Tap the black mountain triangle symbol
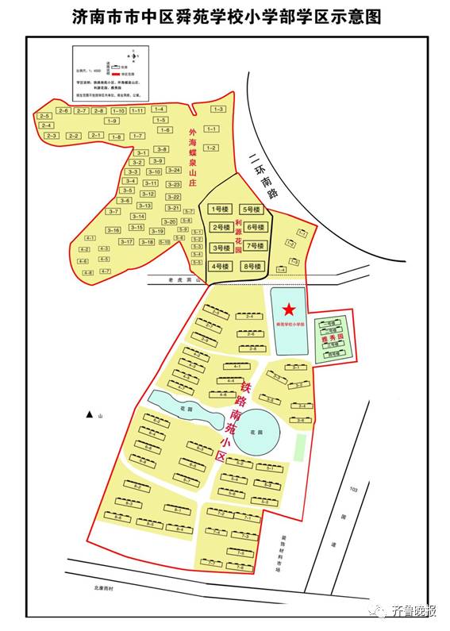(x=90, y=415)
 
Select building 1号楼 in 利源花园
(x=219, y=210)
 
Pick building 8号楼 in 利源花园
(x=252, y=266)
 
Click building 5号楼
(x=252, y=210)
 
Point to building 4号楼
(x=219, y=266)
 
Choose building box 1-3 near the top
(x=218, y=109)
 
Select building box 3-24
(x=174, y=170)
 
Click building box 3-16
(x=113, y=230)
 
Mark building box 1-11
(x=138, y=110)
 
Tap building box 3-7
(x=113, y=211)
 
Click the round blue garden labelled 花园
(x=256, y=433)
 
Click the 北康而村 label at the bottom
(x=104, y=588)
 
